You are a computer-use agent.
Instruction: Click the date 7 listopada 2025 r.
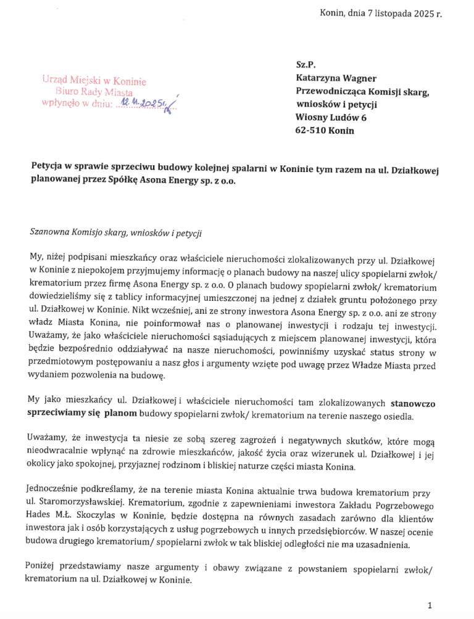click(x=402, y=13)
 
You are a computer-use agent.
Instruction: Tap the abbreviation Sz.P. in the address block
click(x=306, y=65)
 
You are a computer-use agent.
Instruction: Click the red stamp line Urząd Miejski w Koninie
click(x=94, y=80)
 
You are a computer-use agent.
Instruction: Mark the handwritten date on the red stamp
click(x=143, y=103)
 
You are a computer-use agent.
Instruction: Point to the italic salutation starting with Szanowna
click(x=115, y=232)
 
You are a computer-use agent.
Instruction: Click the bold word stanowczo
click(x=413, y=404)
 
